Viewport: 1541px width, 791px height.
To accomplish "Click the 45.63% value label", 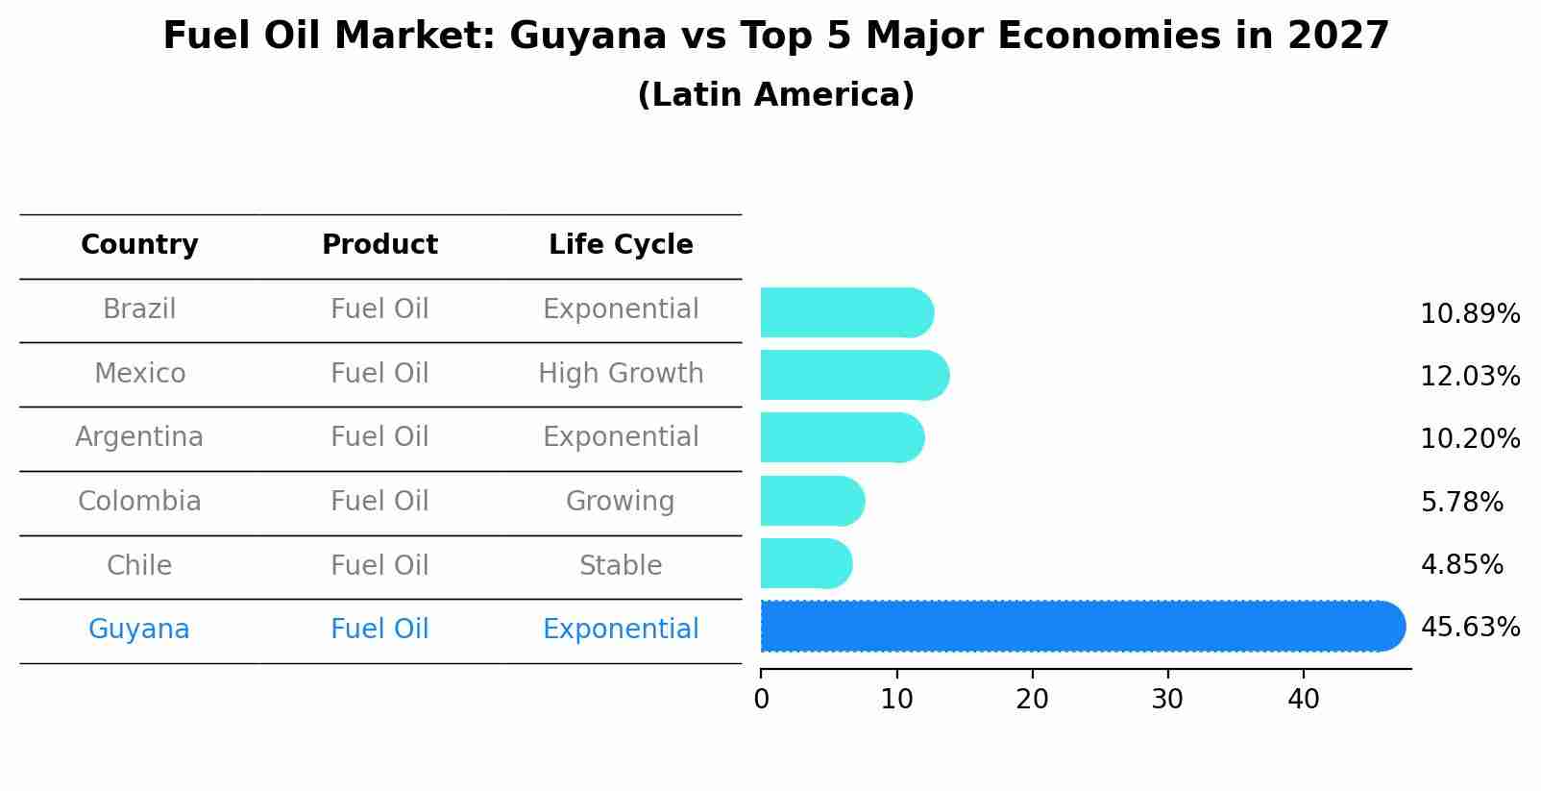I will (1470, 628).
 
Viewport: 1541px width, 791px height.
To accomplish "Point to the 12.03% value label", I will (1470, 377).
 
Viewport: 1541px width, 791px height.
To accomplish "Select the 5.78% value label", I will (1461, 502).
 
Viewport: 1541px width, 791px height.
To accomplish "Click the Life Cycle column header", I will (621, 245).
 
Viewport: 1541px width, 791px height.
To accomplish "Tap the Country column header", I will (139, 245).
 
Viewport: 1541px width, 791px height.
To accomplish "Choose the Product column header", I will (379, 245).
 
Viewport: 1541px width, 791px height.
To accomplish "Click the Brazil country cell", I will (139, 309).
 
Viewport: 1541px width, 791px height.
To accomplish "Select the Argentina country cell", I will (139, 437).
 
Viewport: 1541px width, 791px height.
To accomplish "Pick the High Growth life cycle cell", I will (621, 374).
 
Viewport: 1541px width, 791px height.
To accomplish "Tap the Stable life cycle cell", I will (621, 566).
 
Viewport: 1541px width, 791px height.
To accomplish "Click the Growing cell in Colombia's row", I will (621, 502).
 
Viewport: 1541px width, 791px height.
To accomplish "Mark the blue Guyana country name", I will (139, 630).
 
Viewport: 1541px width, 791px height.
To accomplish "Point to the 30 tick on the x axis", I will (1167, 700).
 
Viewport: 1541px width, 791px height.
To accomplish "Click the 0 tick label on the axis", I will (761, 700).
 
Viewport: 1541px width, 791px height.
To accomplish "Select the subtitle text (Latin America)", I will (775, 95).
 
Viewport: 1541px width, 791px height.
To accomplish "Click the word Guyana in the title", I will (587, 37).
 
